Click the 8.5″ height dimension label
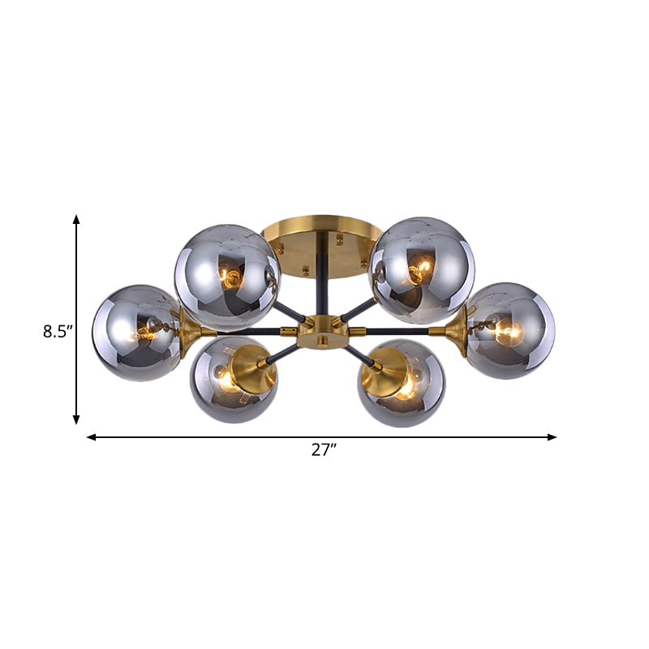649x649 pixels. click(x=58, y=331)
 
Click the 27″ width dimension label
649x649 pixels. click(x=324, y=451)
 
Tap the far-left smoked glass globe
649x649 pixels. click(x=135, y=333)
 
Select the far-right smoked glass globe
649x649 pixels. click(x=510, y=330)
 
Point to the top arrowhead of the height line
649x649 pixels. click(x=76, y=220)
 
